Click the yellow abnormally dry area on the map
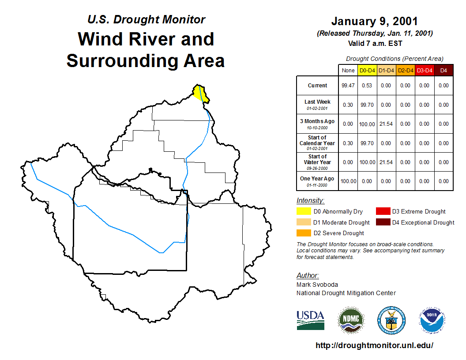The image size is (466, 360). pyautogui.click(x=200, y=93)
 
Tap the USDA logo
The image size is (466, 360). pyautogui.click(x=310, y=320)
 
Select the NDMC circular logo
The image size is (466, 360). pyautogui.click(x=351, y=320)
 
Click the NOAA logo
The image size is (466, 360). pyautogui.click(x=432, y=320)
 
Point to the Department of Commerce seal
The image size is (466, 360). pyautogui.click(x=391, y=320)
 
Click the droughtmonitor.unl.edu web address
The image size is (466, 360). pyautogui.click(x=374, y=345)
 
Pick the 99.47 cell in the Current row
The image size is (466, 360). pyautogui.click(x=348, y=86)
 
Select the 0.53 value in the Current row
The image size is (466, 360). pyautogui.click(x=367, y=86)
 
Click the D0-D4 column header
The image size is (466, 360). pyautogui.click(x=367, y=71)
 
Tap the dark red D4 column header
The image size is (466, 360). pyautogui.click(x=443, y=71)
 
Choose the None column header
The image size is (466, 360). pyautogui.click(x=348, y=71)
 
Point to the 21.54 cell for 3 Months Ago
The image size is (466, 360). pyautogui.click(x=386, y=124)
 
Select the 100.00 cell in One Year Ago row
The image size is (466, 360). pyautogui.click(x=348, y=181)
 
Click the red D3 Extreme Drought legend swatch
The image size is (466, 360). pyautogui.click(x=383, y=211)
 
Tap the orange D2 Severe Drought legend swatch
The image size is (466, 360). pyautogui.click(x=304, y=233)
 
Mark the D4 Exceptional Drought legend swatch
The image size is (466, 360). pyautogui.click(x=383, y=222)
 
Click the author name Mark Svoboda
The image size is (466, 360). pyautogui.click(x=317, y=285)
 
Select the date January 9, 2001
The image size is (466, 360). pyautogui.click(x=375, y=21)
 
